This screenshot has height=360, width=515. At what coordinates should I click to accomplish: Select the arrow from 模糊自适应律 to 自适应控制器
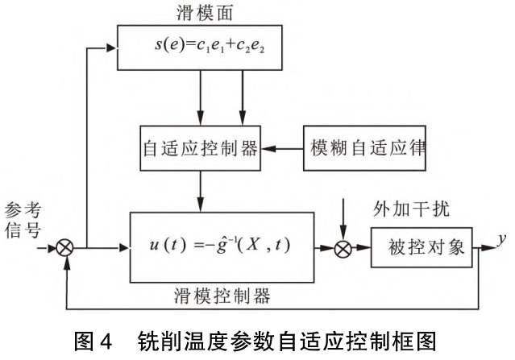(x=283, y=150)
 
